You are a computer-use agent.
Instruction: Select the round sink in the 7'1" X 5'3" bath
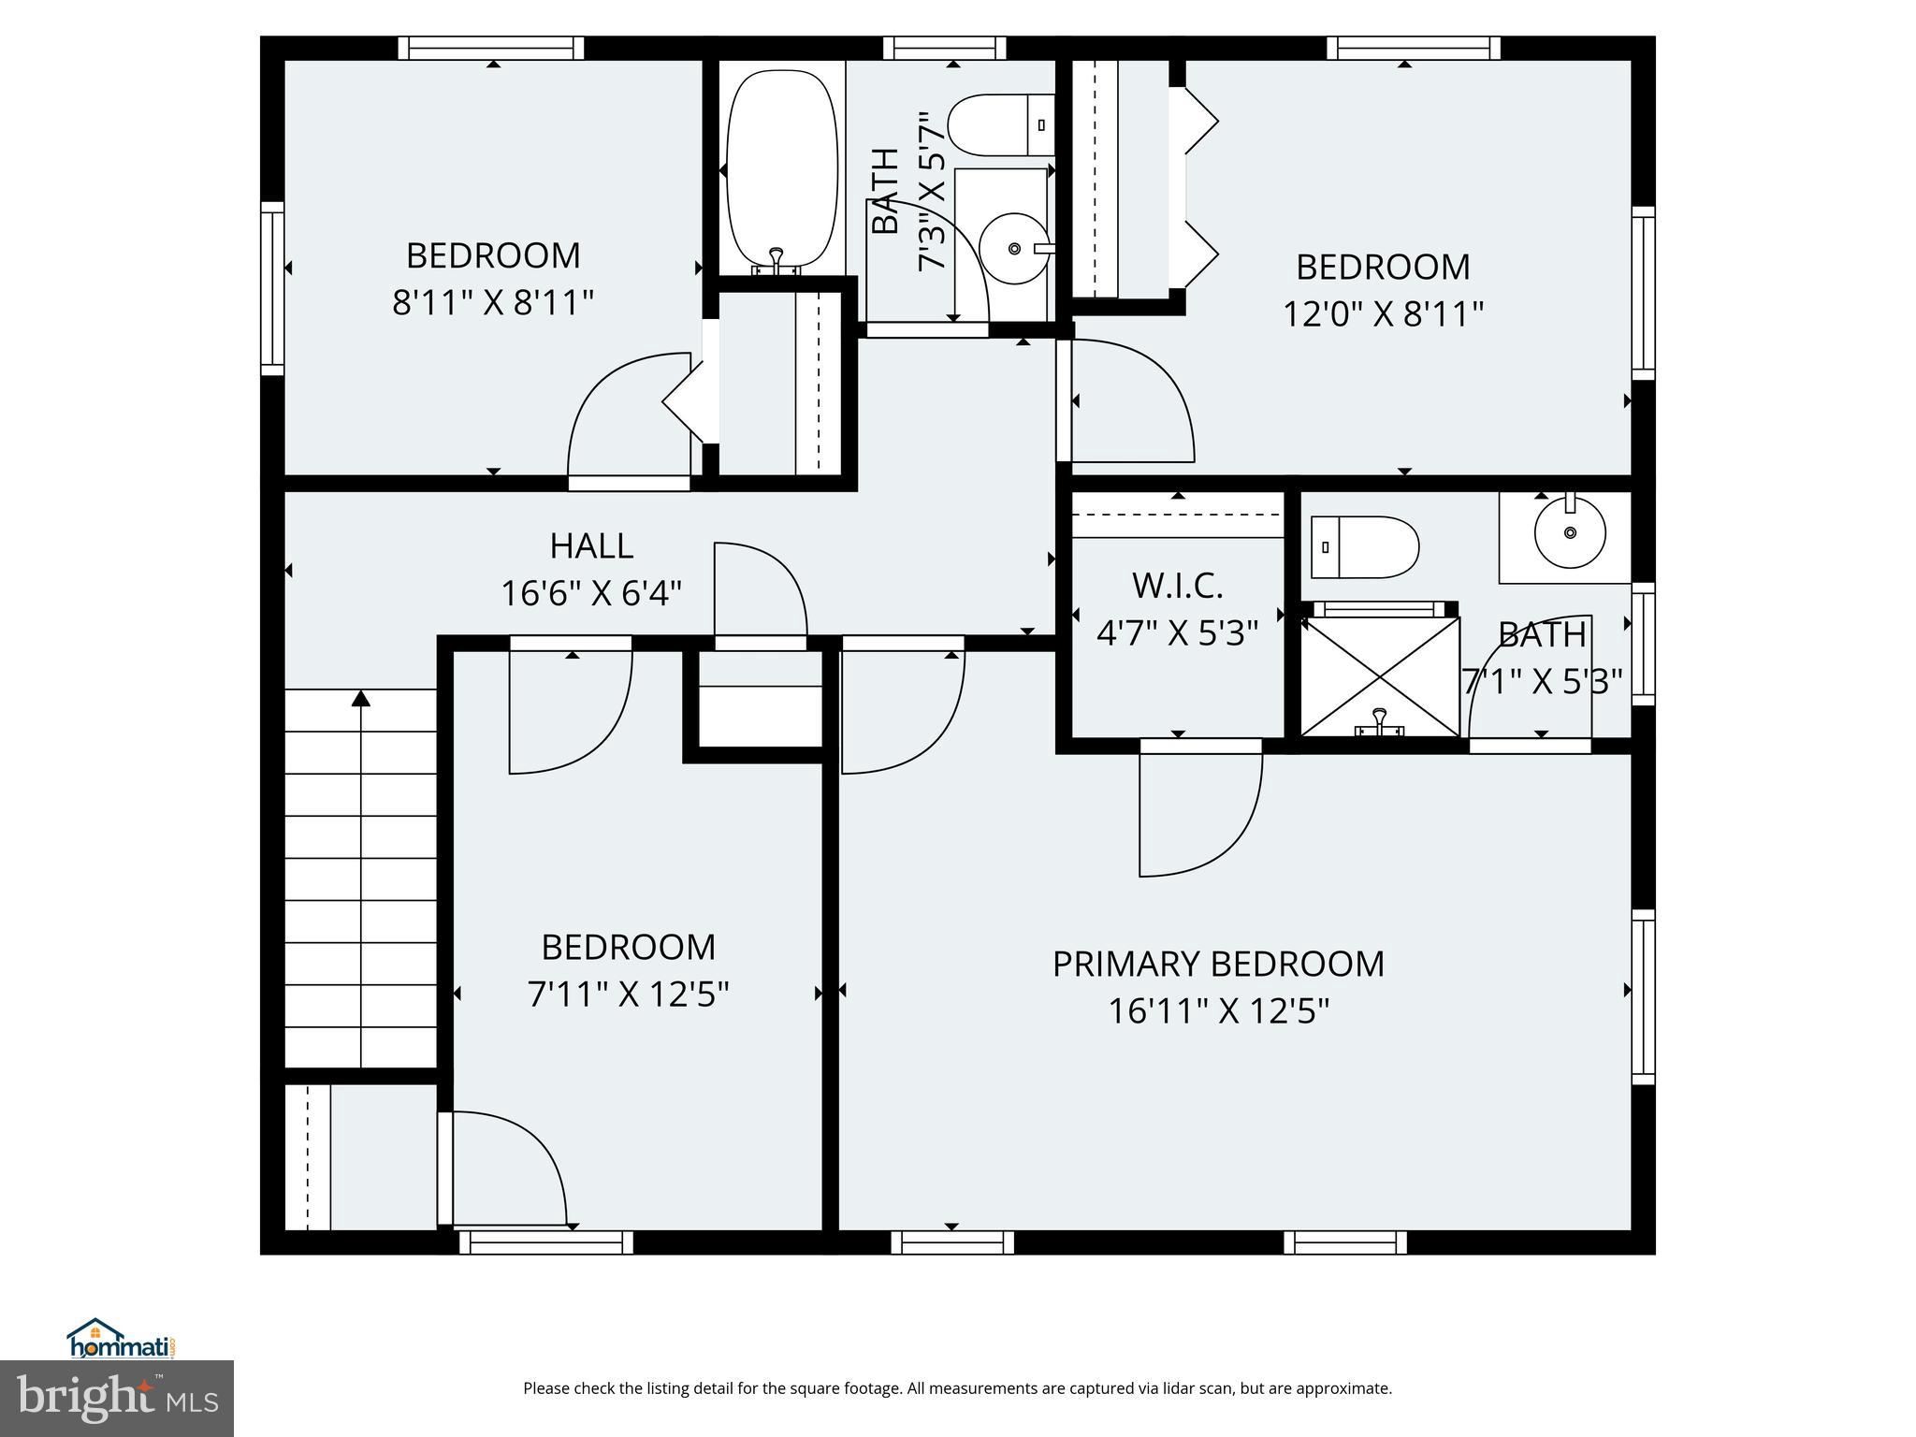(x=1570, y=532)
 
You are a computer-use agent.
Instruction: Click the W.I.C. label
(x=1177, y=587)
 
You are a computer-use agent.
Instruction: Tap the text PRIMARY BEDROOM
(x=1218, y=965)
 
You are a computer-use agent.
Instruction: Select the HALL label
(x=591, y=545)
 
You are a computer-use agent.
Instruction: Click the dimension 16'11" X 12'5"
(x=1218, y=1011)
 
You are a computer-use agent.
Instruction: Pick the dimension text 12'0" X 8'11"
(x=1383, y=314)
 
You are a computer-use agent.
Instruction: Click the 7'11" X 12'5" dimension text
(x=629, y=994)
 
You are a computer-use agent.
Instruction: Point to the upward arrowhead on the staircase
(x=361, y=698)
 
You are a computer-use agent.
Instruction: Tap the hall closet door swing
(x=760, y=589)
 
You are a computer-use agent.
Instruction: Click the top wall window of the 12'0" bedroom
(x=1413, y=48)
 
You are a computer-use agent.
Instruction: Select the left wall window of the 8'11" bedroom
(x=272, y=288)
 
